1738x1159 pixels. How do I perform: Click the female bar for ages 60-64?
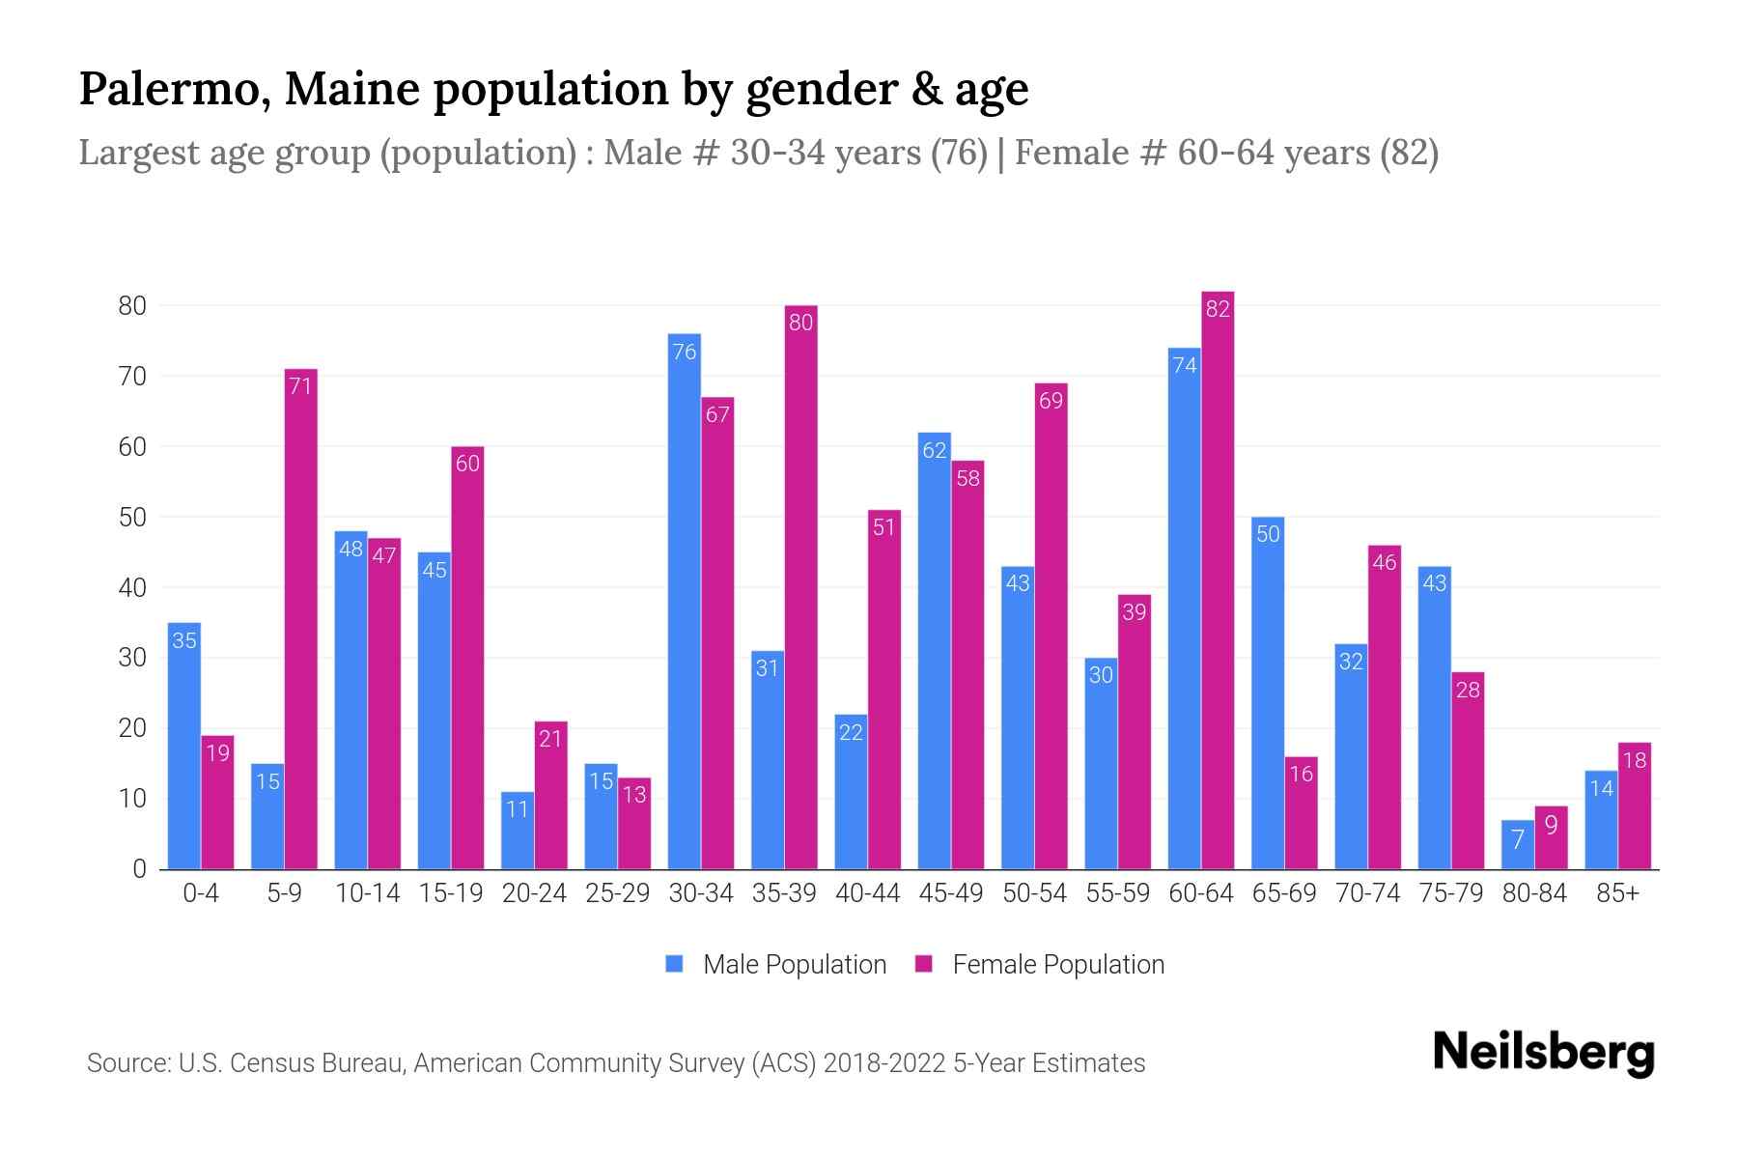point(1218,579)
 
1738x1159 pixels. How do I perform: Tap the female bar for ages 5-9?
point(300,618)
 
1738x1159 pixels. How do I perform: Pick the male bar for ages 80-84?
point(1518,844)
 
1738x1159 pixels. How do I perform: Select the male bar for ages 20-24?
point(518,830)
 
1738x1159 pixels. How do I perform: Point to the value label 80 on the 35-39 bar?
point(800,323)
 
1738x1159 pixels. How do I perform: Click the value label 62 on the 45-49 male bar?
point(935,450)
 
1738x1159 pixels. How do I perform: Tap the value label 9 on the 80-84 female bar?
point(1551,825)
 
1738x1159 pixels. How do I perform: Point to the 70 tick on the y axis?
point(132,377)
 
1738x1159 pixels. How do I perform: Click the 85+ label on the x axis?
point(1617,893)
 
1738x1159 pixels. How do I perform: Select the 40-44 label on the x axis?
point(867,893)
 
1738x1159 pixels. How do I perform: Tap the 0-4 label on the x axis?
point(201,893)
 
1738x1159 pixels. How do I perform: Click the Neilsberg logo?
point(1543,1053)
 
